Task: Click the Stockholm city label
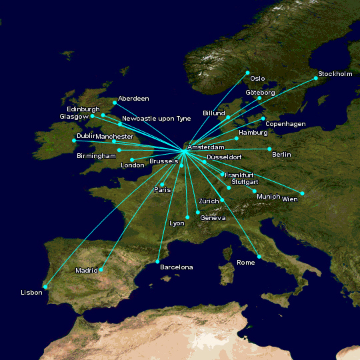click(335, 73)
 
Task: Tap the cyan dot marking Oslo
click(247, 72)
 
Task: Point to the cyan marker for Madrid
click(101, 270)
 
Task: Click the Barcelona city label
click(176, 267)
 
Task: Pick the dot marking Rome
click(259, 257)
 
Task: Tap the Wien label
click(290, 199)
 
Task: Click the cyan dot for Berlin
click(269, 149)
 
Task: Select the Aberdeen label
click(133, 99)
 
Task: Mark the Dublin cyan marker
click(74, 141)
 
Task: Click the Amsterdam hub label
click(206, 147)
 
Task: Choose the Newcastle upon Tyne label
click(157, 119)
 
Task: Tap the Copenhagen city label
click(285, 124)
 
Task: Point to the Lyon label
click(177, 223)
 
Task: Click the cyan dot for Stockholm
click(316, 79)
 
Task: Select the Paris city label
click(163, 190)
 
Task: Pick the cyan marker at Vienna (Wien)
click(302, 193)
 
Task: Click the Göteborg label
click(260, 93)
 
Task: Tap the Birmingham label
click(96, 155)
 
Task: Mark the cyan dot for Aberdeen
click(115, 103)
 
